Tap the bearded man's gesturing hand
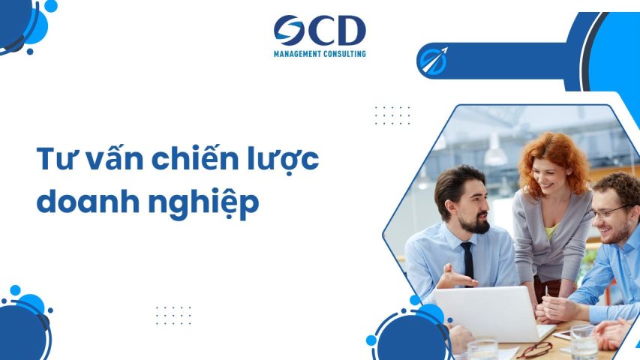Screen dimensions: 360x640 pos(453,277)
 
